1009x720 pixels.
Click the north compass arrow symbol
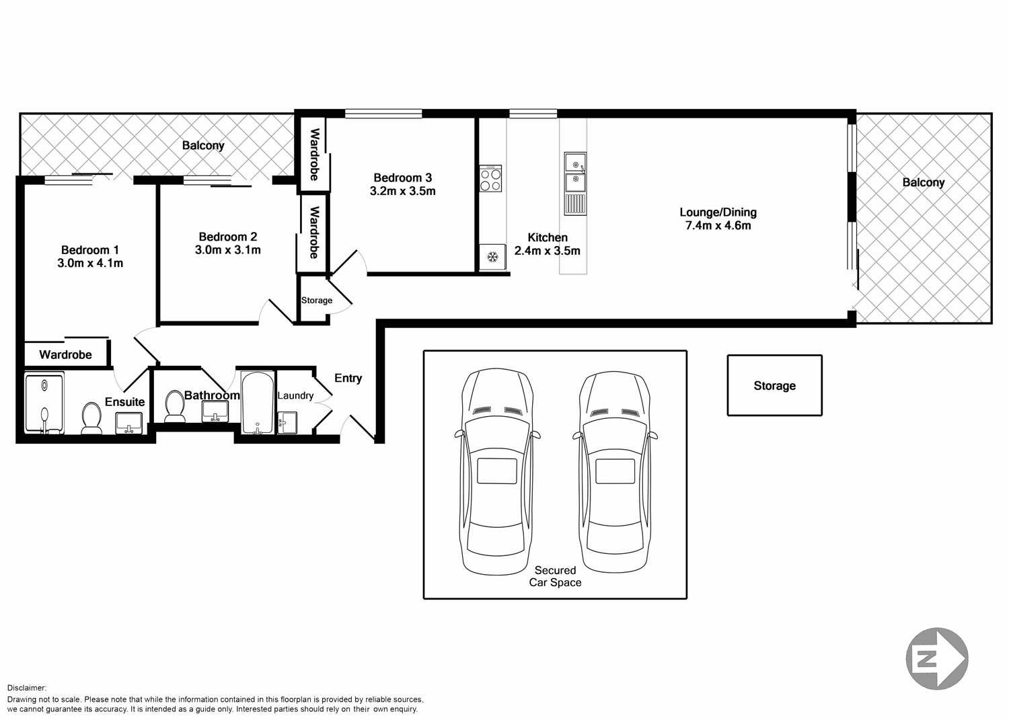[x=938, y=659]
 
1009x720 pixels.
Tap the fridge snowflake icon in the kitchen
[x=492, y=257]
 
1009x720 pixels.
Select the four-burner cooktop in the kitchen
[x=490, y=179]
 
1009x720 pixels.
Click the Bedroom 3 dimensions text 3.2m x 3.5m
[x=402, y=191]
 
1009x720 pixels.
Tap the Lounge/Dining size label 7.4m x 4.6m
[x=718, y=226]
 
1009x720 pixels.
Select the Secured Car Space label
[x=555, y=576]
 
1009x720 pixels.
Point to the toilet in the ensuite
[x=91, y=418]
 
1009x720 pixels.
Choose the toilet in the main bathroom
[x=175, y=407]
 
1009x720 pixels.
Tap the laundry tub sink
[x=287, y=422]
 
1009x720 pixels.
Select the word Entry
[x=348, y=378]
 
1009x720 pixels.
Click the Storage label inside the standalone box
[x=774, y=386]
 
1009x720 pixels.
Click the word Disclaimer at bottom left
[x=27, y=688]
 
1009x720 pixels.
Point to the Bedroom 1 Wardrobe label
[x=65, y=354]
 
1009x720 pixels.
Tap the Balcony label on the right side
[x=923, y=183]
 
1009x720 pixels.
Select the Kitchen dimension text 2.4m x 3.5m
[x=547, y=251]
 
